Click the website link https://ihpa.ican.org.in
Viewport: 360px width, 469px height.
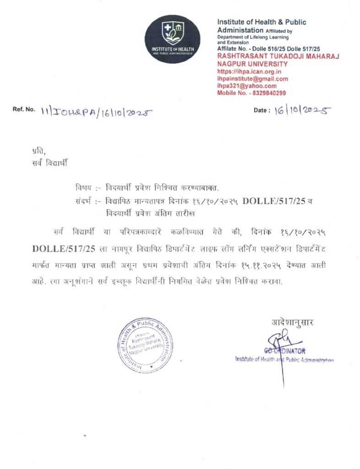pyautogui.click(x=249, y=72)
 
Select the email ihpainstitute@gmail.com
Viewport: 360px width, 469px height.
pyautogui.click(x=252, y=79)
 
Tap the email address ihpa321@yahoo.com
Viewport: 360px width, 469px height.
pyautogui.click(x=247, y=86)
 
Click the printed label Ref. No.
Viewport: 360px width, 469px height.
pyautogui.click(x=24, y=110)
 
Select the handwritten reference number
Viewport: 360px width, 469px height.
pyautogui.click(x=96, y=111)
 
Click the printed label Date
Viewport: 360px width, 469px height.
pyautogui.click(x=261, y=111)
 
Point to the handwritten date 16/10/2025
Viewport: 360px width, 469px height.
pyautogui.click(x=302, y=110)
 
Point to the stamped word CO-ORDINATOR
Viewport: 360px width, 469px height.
pyautogui.click(x=284, y=350)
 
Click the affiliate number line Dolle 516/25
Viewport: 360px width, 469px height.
pyautogui.click(x=262, y=48)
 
